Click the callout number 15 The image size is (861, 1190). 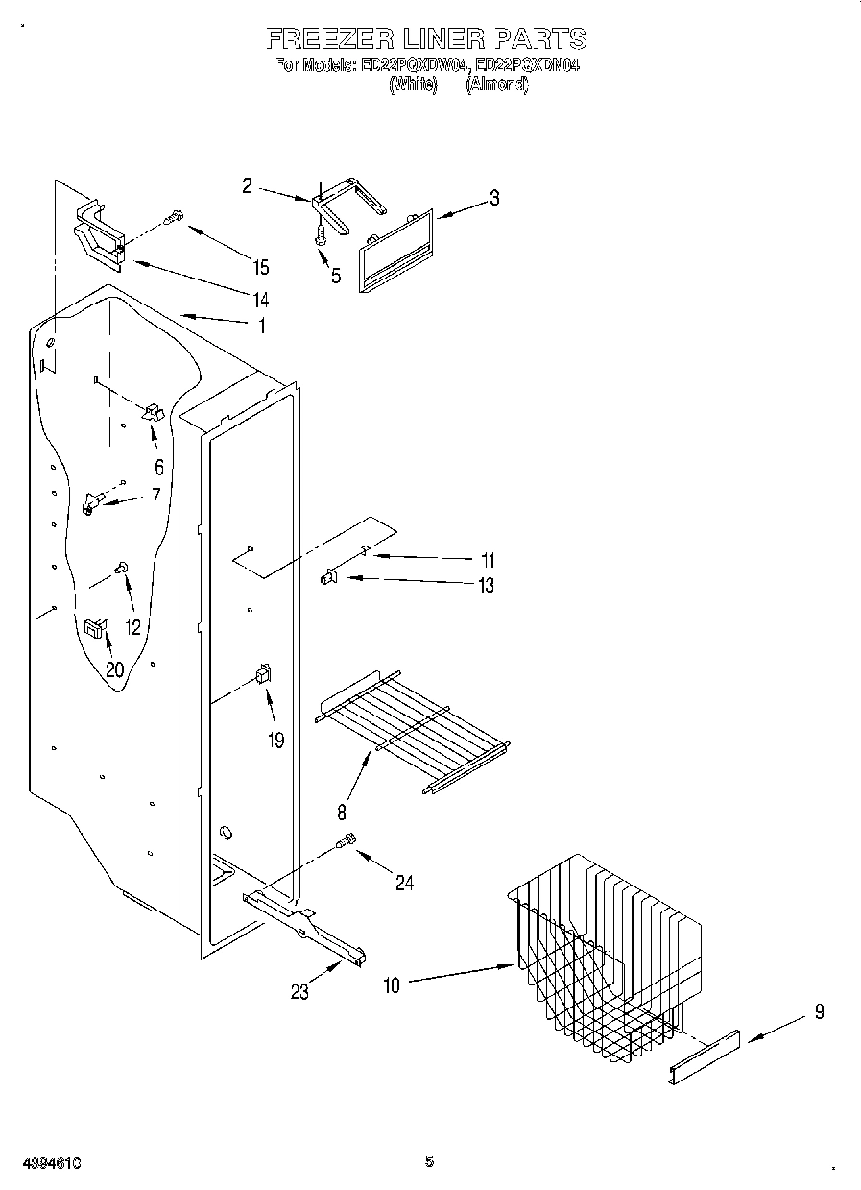point(261,267)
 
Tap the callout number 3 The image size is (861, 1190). point(493,199)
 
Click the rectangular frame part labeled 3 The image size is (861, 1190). point(395,251)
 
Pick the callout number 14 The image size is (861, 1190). point(260,299)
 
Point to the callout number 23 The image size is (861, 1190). point(299,991)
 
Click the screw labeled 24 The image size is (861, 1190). point(347,842)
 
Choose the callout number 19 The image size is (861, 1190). point(276,741)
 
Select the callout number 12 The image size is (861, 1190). point(132,627)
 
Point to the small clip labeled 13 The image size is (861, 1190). point(328,577)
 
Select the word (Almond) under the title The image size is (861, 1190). point(496,84)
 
